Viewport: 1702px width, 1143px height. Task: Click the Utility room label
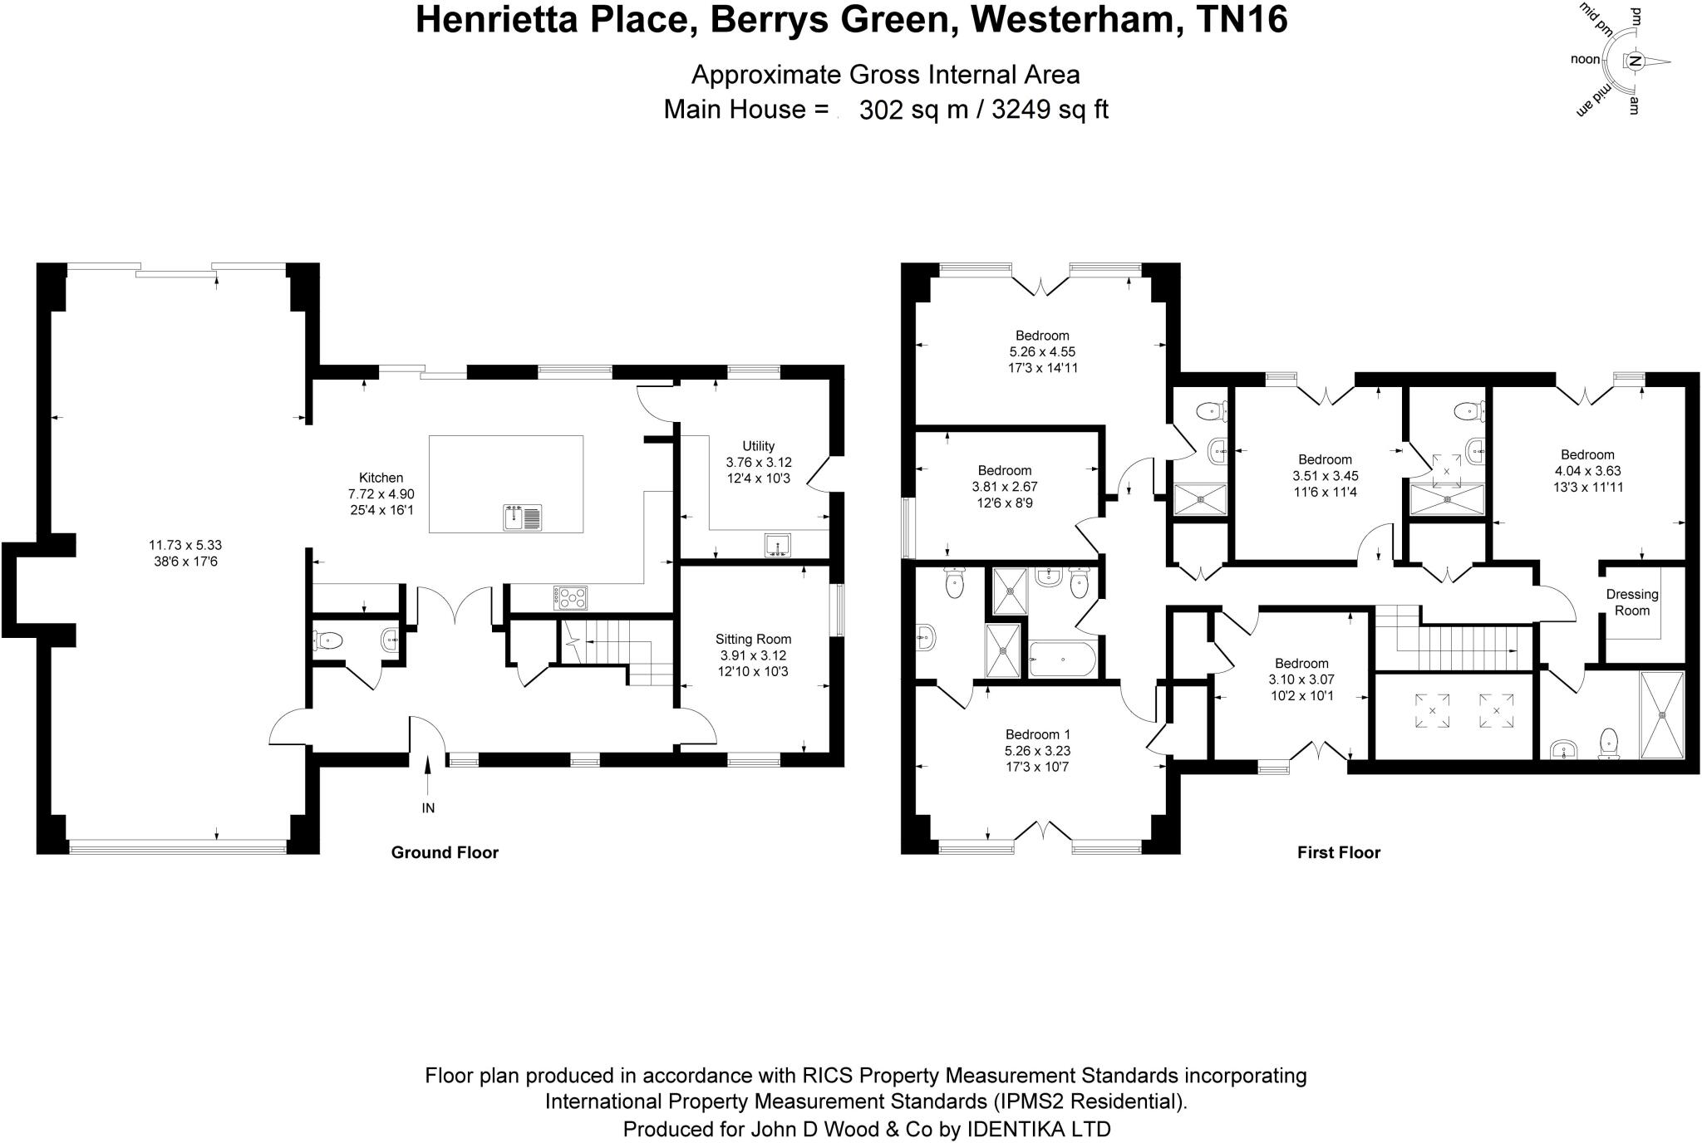[x=758, y=446]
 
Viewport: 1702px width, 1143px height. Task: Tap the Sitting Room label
[x=753, y=639]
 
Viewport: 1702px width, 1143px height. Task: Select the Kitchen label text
[x=381, y=478]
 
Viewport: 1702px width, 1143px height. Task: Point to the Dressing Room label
[x=1632, y=602]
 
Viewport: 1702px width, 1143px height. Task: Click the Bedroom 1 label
[x=1038, y=734]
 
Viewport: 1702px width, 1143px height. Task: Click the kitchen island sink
[x=523, y=518]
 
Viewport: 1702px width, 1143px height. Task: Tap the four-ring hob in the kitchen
[x=570, y=598]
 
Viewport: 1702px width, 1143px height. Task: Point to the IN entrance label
[x=428, y=807]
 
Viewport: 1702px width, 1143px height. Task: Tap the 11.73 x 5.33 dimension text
[x=185, y=545]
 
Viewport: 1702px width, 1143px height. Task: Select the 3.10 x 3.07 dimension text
[x=1301, y=679]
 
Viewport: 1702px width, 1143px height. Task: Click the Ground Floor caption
[x=445, y=852]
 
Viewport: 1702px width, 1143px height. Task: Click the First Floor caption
[x=1339, y=852]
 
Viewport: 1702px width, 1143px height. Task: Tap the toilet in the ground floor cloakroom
[x=328, y=640]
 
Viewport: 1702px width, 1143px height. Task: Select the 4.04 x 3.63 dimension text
[x=1587, y=471]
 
